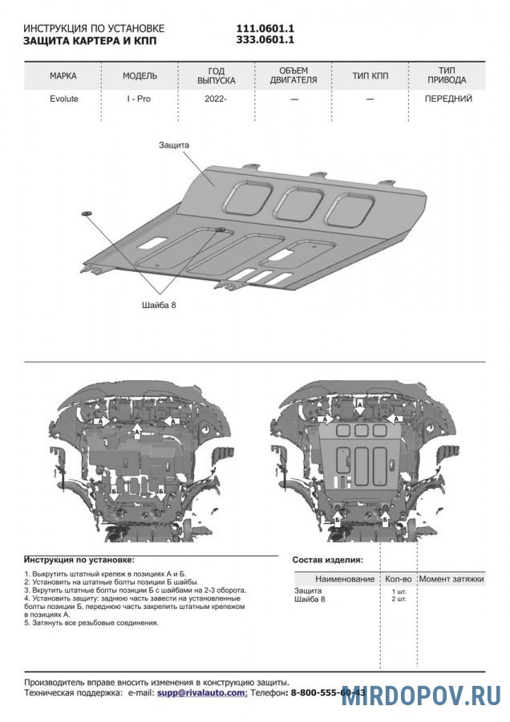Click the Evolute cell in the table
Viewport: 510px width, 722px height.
point(63,99)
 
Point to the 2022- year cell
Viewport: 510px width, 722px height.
point(216,99)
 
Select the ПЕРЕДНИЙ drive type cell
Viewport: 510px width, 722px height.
point(447,99)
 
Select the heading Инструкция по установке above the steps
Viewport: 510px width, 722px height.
point(79,559)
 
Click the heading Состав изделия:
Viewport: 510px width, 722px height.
point(327,560)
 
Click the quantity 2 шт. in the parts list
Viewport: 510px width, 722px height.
point(398,599)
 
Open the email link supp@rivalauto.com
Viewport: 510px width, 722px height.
point(201,692)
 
